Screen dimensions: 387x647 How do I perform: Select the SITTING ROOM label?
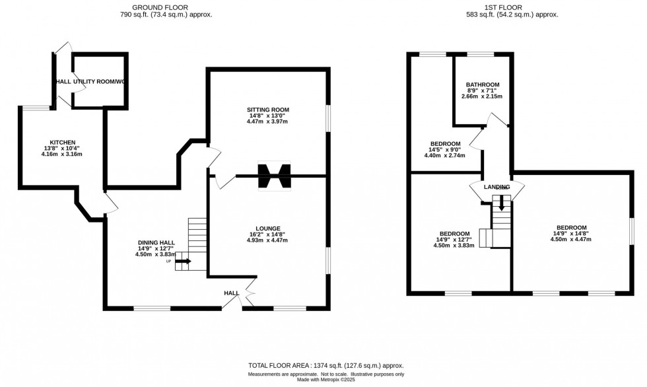click(x=268, y=110)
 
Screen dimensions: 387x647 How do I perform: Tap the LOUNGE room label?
click(x=268, y=229)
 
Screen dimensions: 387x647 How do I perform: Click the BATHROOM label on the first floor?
click(x=482, y=85)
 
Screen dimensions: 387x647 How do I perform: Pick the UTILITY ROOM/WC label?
click(x=98, y=81)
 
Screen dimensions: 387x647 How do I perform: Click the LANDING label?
click(x=496, y=187)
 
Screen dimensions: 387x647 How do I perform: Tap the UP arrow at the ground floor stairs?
click(x=183, y=262)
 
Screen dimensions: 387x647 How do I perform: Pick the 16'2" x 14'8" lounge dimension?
click(x=268, y=234)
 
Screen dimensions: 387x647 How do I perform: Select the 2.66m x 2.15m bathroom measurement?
click(x=482, y=96)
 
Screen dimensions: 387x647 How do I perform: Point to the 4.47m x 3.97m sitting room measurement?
click(x=268, y=122)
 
